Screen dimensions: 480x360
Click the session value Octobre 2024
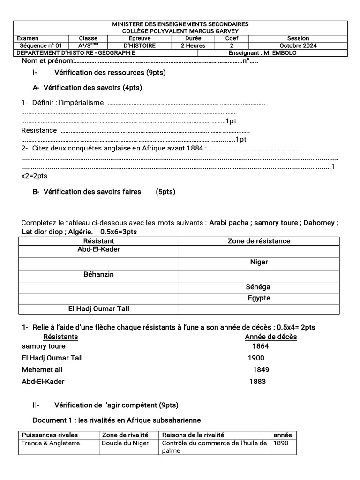298,45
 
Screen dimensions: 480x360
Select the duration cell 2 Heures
193,45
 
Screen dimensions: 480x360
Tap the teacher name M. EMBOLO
280,53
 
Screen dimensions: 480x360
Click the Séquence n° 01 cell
41,45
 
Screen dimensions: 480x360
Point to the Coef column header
232,38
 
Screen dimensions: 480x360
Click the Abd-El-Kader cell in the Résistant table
98,249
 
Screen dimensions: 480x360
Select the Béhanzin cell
98,274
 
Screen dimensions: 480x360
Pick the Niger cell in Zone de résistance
259,262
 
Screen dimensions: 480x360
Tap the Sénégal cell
259,286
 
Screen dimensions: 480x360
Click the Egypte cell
259,298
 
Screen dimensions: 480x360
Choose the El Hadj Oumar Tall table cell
98,309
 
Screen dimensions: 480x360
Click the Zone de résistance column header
259,241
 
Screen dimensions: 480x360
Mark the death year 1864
261,346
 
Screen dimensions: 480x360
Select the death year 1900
256,358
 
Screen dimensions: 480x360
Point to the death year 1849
261,369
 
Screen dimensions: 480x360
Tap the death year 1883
257,381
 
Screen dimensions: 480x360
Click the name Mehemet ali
42,369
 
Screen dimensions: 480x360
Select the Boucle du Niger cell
125,443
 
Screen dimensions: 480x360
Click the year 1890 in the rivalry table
281,443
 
